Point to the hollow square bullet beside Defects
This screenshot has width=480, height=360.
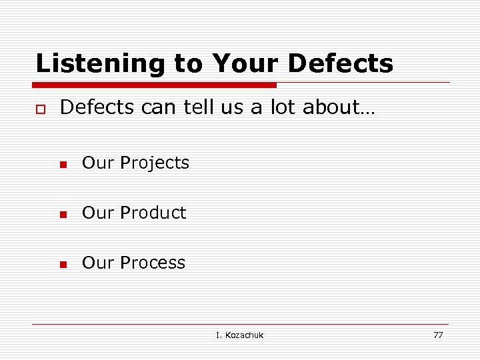pyautogui.click(x=40, y=109)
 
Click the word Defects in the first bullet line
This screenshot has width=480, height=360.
pyautogui.click(x=97, y=108)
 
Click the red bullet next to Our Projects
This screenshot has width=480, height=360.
pyautogui.click(x=63, y=165)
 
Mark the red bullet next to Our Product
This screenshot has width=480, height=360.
pyautogui.click(x=63, y=215)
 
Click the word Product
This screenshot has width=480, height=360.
pyautogui.click(x=153, y=213)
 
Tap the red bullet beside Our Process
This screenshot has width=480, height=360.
pyautogui.click(x=63, y=265)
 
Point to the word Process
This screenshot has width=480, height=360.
pyautogui.click(x=153, y=263)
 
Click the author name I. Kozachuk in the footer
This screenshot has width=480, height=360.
pyautogui.click(x=239, y=335)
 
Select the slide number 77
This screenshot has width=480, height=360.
pyautogui.click(x=438, y=335)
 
